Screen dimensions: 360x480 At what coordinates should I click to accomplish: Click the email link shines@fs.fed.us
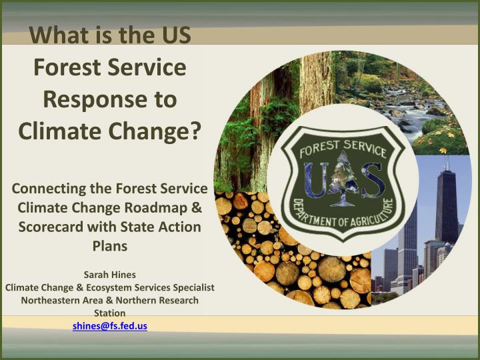(109, 326)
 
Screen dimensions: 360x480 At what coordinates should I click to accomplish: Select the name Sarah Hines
(109, 274)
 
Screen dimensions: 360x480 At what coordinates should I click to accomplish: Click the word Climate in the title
(56, 129)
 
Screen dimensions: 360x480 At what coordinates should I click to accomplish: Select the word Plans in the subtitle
(110, 246)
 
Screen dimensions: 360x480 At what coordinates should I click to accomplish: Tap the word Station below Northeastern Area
(109, 313)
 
